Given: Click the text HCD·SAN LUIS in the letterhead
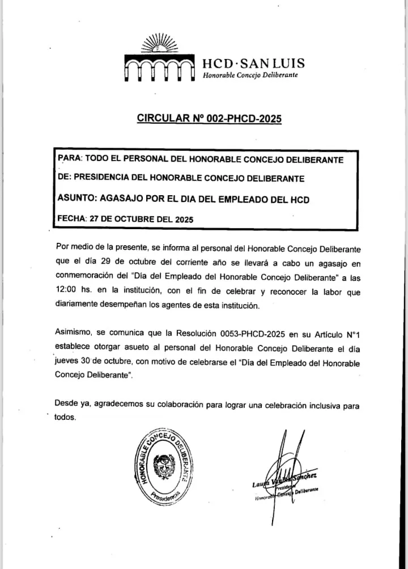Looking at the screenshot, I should pyautogui.click(x=254, y=63).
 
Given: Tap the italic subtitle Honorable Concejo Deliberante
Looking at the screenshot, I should pyautogui.click(x=250, y=75).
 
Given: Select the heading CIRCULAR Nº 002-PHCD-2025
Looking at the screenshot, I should pyautogui.click(x=209, y=119).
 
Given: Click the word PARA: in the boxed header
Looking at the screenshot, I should pyautogui.click(x=71, y=159).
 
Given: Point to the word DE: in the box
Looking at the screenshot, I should pyautogui.click(x=64, y=178).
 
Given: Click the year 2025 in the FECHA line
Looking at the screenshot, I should pyautogui.click(x=184, y=218).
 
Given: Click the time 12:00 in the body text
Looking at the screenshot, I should pyautogui.click(x=67, y=291).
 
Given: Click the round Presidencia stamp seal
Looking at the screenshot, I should pyautogui.click(x=163, y=463).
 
